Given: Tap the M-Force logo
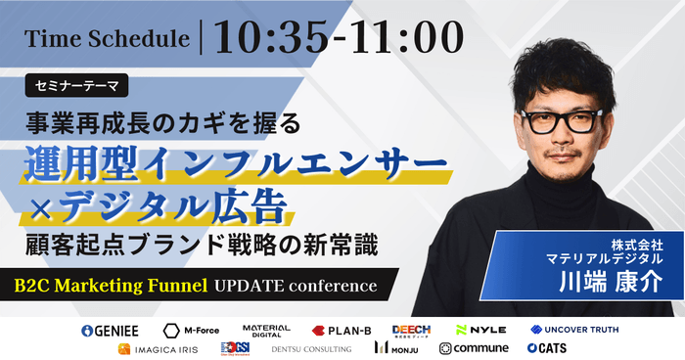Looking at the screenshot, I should (x=192, y=330).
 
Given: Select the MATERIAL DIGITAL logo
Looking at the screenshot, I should (x=266, y=330).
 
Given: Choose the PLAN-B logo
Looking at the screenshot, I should (x=342, y=330).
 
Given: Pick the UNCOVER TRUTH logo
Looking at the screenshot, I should (x=574, y=330).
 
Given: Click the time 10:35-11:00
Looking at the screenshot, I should (x=339, y=39).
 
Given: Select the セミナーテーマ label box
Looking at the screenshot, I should (x=77, y=87).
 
